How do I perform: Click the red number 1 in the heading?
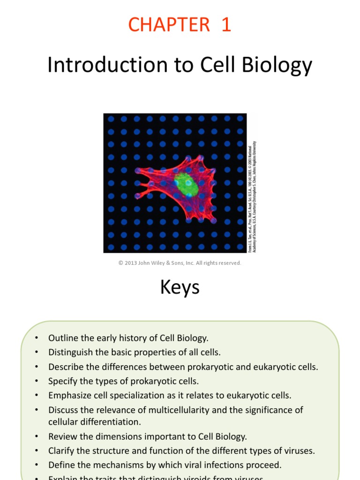[x=226, y=25]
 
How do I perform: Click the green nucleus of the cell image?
[x=186, y=184]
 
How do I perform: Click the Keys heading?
[x=180, y=287]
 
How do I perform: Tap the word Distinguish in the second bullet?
[x=69, y=352]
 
